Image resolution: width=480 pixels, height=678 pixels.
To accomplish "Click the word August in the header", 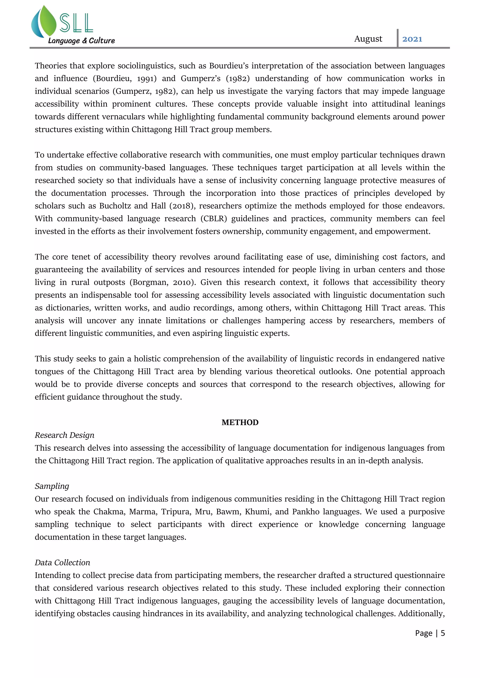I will pyautogui.click(x=368, y=39).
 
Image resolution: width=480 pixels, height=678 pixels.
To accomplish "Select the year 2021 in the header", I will pyautogui.click(x=412, y=39).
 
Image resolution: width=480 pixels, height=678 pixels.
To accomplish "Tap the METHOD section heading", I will pyautogui.click(x=240, y=422).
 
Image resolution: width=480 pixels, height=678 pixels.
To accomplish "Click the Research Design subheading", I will pyautogui.click(x=64, y=435).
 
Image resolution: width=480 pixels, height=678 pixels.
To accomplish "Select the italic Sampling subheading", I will pyautogui.click(x=52, y=486).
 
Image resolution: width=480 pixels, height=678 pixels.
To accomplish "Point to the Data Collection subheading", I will pyautogui.click(x=62, y=563).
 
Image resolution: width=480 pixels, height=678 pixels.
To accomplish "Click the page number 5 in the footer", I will pyautogui.click(x=442, y=633).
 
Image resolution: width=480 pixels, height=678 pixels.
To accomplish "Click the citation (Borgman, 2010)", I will pyautogui.click(x=163, y=282).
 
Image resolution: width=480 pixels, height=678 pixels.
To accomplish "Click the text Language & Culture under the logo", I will pyautogui.click(x=81, y=41).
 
